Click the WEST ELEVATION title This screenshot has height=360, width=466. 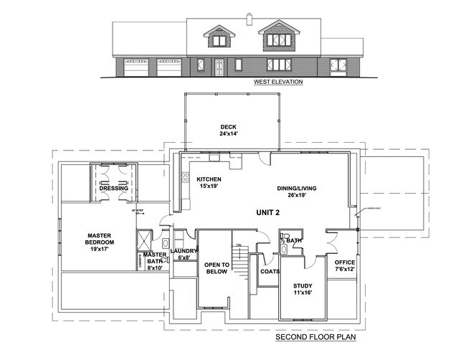tap(277, 82)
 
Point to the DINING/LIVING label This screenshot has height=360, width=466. tap(296, 189)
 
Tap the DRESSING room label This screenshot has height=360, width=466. tap(113, 189)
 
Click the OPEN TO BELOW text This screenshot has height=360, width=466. tap(216, 268)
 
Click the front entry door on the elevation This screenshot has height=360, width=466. tap(219, 67)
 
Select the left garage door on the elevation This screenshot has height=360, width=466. tap(135, 68)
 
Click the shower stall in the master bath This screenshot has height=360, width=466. tap(144, 239)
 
